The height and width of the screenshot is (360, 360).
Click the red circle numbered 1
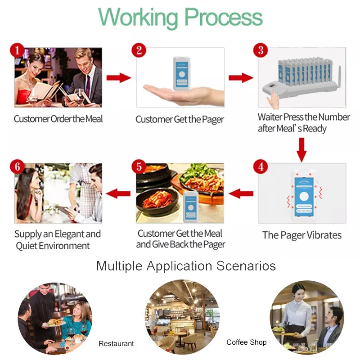17,49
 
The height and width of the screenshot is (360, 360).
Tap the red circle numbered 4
261,166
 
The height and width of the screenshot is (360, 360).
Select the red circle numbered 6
17,166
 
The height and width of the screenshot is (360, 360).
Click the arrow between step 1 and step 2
118,78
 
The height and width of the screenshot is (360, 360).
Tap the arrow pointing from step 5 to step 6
117,194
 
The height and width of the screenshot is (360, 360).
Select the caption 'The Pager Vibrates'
302,235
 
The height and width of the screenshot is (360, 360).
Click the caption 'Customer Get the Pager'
180,119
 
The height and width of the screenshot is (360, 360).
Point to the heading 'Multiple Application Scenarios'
186,266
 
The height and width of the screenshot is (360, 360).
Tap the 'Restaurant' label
116,343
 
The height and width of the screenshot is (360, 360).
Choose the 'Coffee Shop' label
246,342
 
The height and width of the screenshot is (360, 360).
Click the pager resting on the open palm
181,73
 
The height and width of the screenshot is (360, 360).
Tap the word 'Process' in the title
223,18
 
